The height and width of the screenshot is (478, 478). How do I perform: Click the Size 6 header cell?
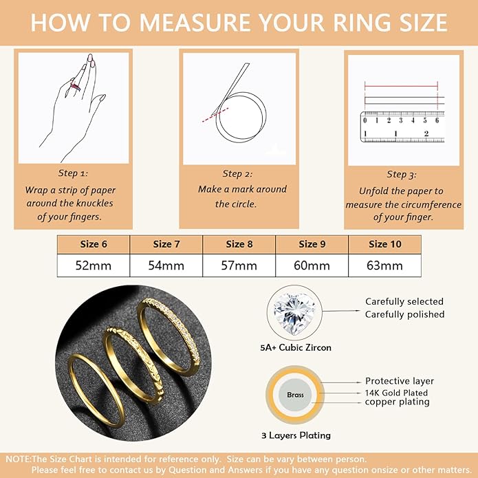[x=94, y=244]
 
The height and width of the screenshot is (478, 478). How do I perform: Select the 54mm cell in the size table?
[x=167, y=265]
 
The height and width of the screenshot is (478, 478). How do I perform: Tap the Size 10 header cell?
[x=384, y=244]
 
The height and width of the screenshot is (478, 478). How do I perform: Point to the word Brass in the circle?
[x=295, y=395]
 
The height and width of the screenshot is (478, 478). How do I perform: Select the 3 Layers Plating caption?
[x=296, y=435]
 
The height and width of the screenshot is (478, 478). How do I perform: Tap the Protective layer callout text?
[x=400, y=381]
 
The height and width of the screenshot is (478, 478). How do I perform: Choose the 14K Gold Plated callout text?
[x=396, y=393]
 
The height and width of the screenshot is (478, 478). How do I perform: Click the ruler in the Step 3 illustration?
[x=401, y=127]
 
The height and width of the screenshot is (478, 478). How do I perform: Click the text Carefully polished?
[x=404, y=314]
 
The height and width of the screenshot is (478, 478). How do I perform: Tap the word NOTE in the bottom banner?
[x=17, y=459]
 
